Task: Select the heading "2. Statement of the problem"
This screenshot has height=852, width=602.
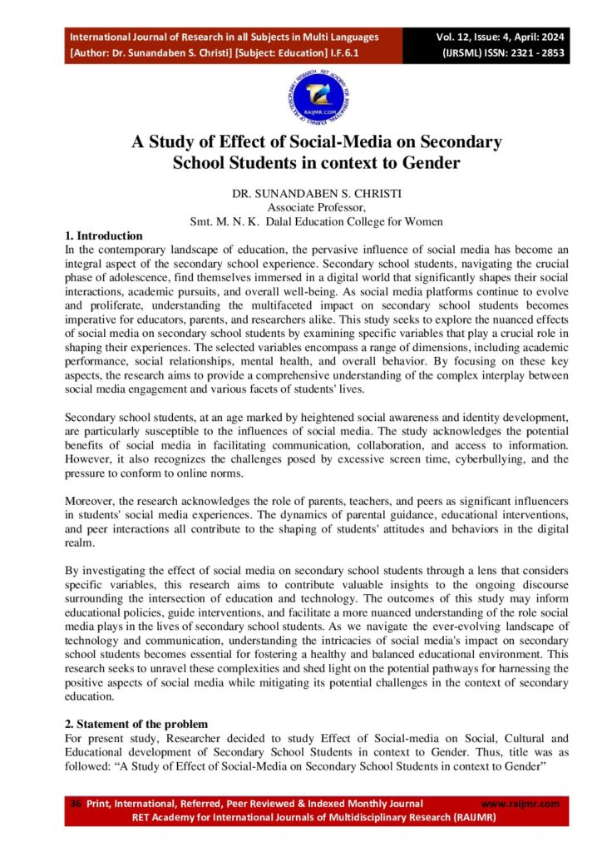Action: click(136, 725)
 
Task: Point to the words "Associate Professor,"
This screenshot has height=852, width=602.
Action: click(317, 208)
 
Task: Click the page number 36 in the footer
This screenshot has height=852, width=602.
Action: click(76, 804)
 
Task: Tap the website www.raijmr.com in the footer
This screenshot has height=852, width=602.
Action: click(521, 804)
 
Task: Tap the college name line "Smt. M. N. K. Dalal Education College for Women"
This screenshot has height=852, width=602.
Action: click(317, 222)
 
